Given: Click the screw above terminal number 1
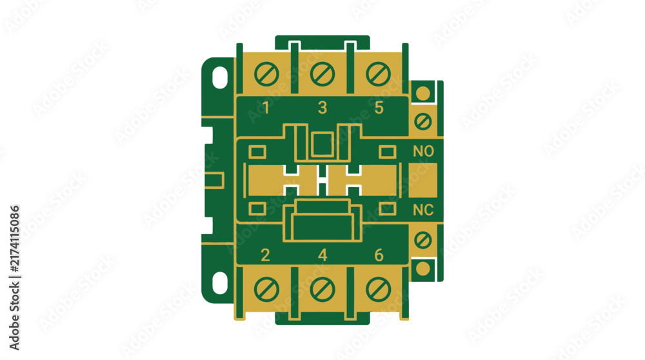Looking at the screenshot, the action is tap(266, 74).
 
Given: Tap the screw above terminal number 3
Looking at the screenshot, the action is tap(322, 74).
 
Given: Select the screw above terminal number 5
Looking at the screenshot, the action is tap(378, 74).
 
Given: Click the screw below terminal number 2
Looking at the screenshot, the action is tap(266, 289).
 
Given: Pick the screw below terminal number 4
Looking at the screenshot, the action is tap(322, 289).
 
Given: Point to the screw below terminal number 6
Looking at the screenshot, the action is tap(378, 289).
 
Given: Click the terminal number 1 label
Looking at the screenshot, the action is tap(266, 108).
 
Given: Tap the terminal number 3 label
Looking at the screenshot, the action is tap(322, 108).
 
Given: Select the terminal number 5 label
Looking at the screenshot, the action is tap(379, 108).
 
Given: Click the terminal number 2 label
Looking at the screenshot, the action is tap(265, 255).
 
